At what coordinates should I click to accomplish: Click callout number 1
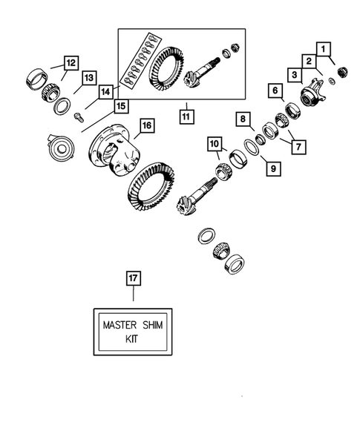tap(324, 50)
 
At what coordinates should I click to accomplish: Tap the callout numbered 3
tap(295, 74)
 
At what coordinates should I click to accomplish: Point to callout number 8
tap(242, 119)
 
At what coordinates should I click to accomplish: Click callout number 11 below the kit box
tap(186, 116)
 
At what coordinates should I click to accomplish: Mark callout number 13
tap(89, 76)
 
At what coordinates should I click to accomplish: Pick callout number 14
tap(106, 91)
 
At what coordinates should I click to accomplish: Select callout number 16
tap(146, 126)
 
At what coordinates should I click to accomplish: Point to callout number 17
tap(133, 279)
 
